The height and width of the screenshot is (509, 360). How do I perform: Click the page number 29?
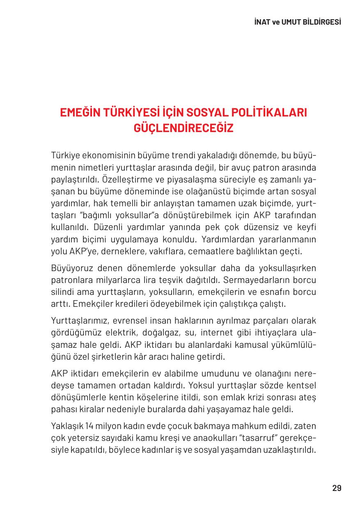coord(337,488)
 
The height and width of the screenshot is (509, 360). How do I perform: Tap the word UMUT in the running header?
coord(291,22)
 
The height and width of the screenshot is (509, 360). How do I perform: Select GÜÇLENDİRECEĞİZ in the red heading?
coord(183,128)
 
